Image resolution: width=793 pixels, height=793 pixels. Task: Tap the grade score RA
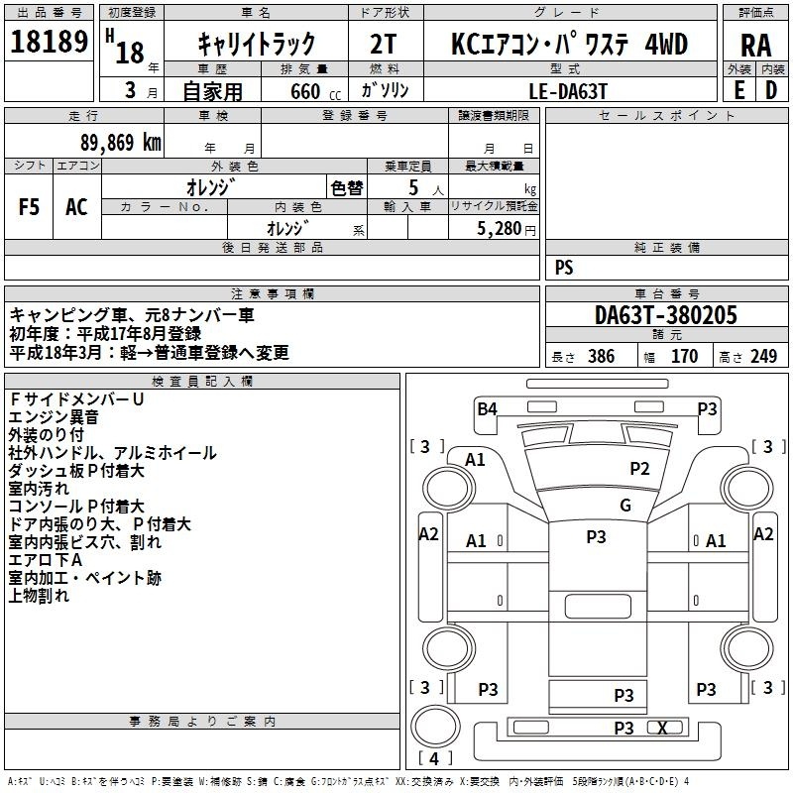tap(755, 45)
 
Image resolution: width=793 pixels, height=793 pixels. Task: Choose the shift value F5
tap(30, 207)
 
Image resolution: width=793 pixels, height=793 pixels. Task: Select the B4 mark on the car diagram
tap(487, 408)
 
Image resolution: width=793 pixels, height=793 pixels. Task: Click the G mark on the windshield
tap(624, 505)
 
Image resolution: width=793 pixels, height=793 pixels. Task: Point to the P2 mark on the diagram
tap(639, 469)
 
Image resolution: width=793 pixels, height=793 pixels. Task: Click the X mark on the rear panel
tap(662, 729)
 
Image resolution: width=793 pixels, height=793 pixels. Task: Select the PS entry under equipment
tap(564, 268)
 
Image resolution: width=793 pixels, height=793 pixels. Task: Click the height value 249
tap(762, 357)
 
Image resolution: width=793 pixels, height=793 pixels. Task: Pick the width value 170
tap(684, 357)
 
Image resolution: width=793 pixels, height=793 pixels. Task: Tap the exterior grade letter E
tap(738, 89)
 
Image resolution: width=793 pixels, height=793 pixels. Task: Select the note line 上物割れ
tap(40, 596)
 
